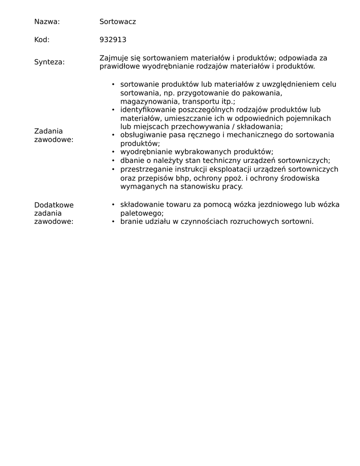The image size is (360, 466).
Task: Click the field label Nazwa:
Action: click(x=47, y=22)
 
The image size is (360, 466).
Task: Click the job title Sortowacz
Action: click(x=117, y=22)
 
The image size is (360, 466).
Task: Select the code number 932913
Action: click(x=113, y=40)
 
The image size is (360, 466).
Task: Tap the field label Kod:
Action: click(x=42, y=40)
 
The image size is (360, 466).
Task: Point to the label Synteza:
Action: click(x=49, y=62)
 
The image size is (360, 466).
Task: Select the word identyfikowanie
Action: click(x=148, y=110)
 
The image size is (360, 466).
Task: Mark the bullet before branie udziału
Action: click(x=113, y=222)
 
